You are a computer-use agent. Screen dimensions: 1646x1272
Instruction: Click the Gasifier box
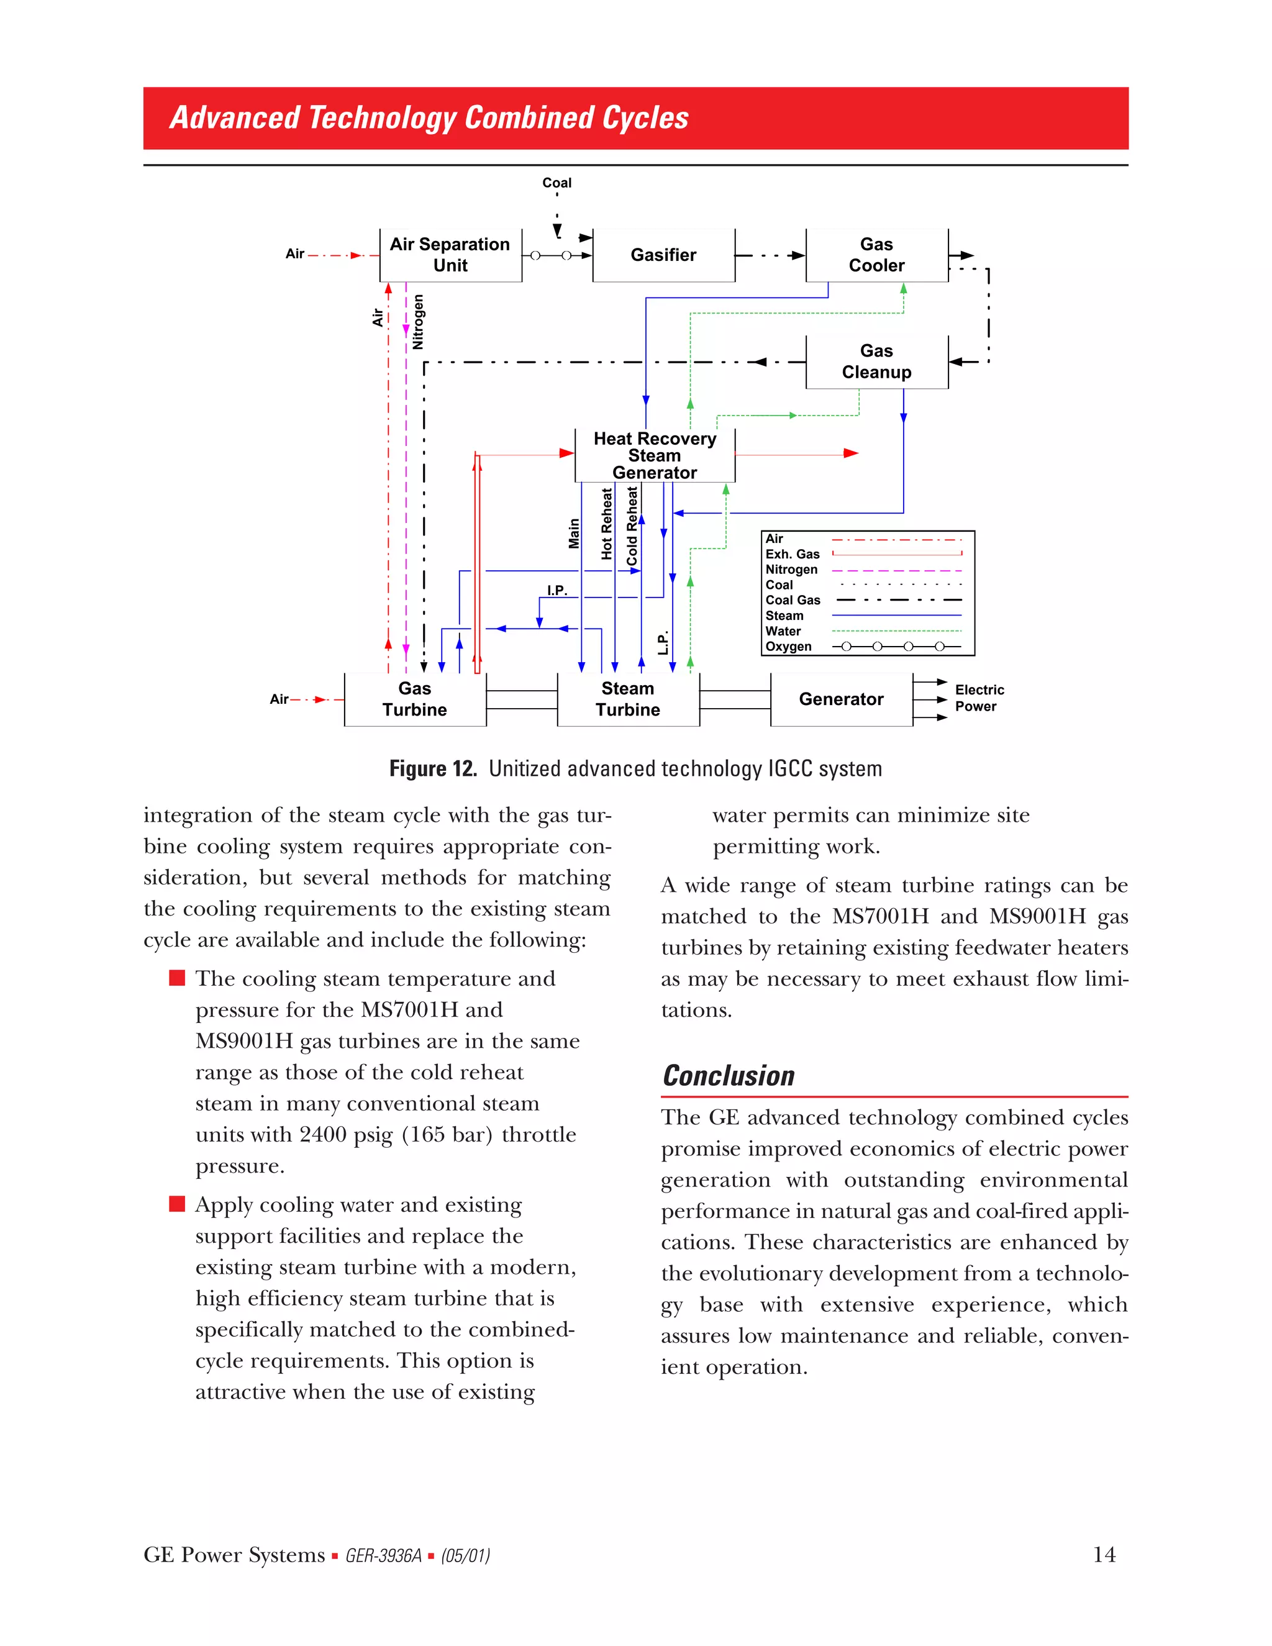point(663,255)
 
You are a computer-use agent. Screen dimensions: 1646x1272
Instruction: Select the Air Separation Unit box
point(450,255)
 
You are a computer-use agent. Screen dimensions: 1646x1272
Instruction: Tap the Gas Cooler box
point(876,255)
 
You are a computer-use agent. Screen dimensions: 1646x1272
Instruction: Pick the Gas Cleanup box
point(876,361)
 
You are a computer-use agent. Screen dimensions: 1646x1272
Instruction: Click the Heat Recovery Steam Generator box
point(654,456)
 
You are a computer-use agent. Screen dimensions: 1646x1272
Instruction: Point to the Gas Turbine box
point(414,699)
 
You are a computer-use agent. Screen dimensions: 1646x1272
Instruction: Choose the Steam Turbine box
point(628,699)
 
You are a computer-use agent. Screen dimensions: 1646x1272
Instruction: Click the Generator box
point(841,699)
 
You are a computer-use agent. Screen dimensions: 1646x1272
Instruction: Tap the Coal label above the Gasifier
point(557,183)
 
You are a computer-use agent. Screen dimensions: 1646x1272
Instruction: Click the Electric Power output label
point(979,698)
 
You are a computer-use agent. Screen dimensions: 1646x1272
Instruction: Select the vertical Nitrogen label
point(418,322)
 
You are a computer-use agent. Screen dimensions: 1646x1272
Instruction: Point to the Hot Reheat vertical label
point(607,524)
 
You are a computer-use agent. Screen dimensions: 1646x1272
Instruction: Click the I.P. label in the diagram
point(557,590)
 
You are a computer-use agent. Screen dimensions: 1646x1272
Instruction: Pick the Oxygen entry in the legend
point(788,647)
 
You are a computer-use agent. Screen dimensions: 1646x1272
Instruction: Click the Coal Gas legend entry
point(793,601)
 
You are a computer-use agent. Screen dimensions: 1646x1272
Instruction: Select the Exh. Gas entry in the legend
point(792,554)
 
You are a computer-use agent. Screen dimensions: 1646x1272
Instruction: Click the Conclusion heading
point(728,1075)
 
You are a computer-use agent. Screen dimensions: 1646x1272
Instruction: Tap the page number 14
point(1104,1555)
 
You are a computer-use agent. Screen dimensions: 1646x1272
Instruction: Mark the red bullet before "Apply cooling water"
point(177,1204)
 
